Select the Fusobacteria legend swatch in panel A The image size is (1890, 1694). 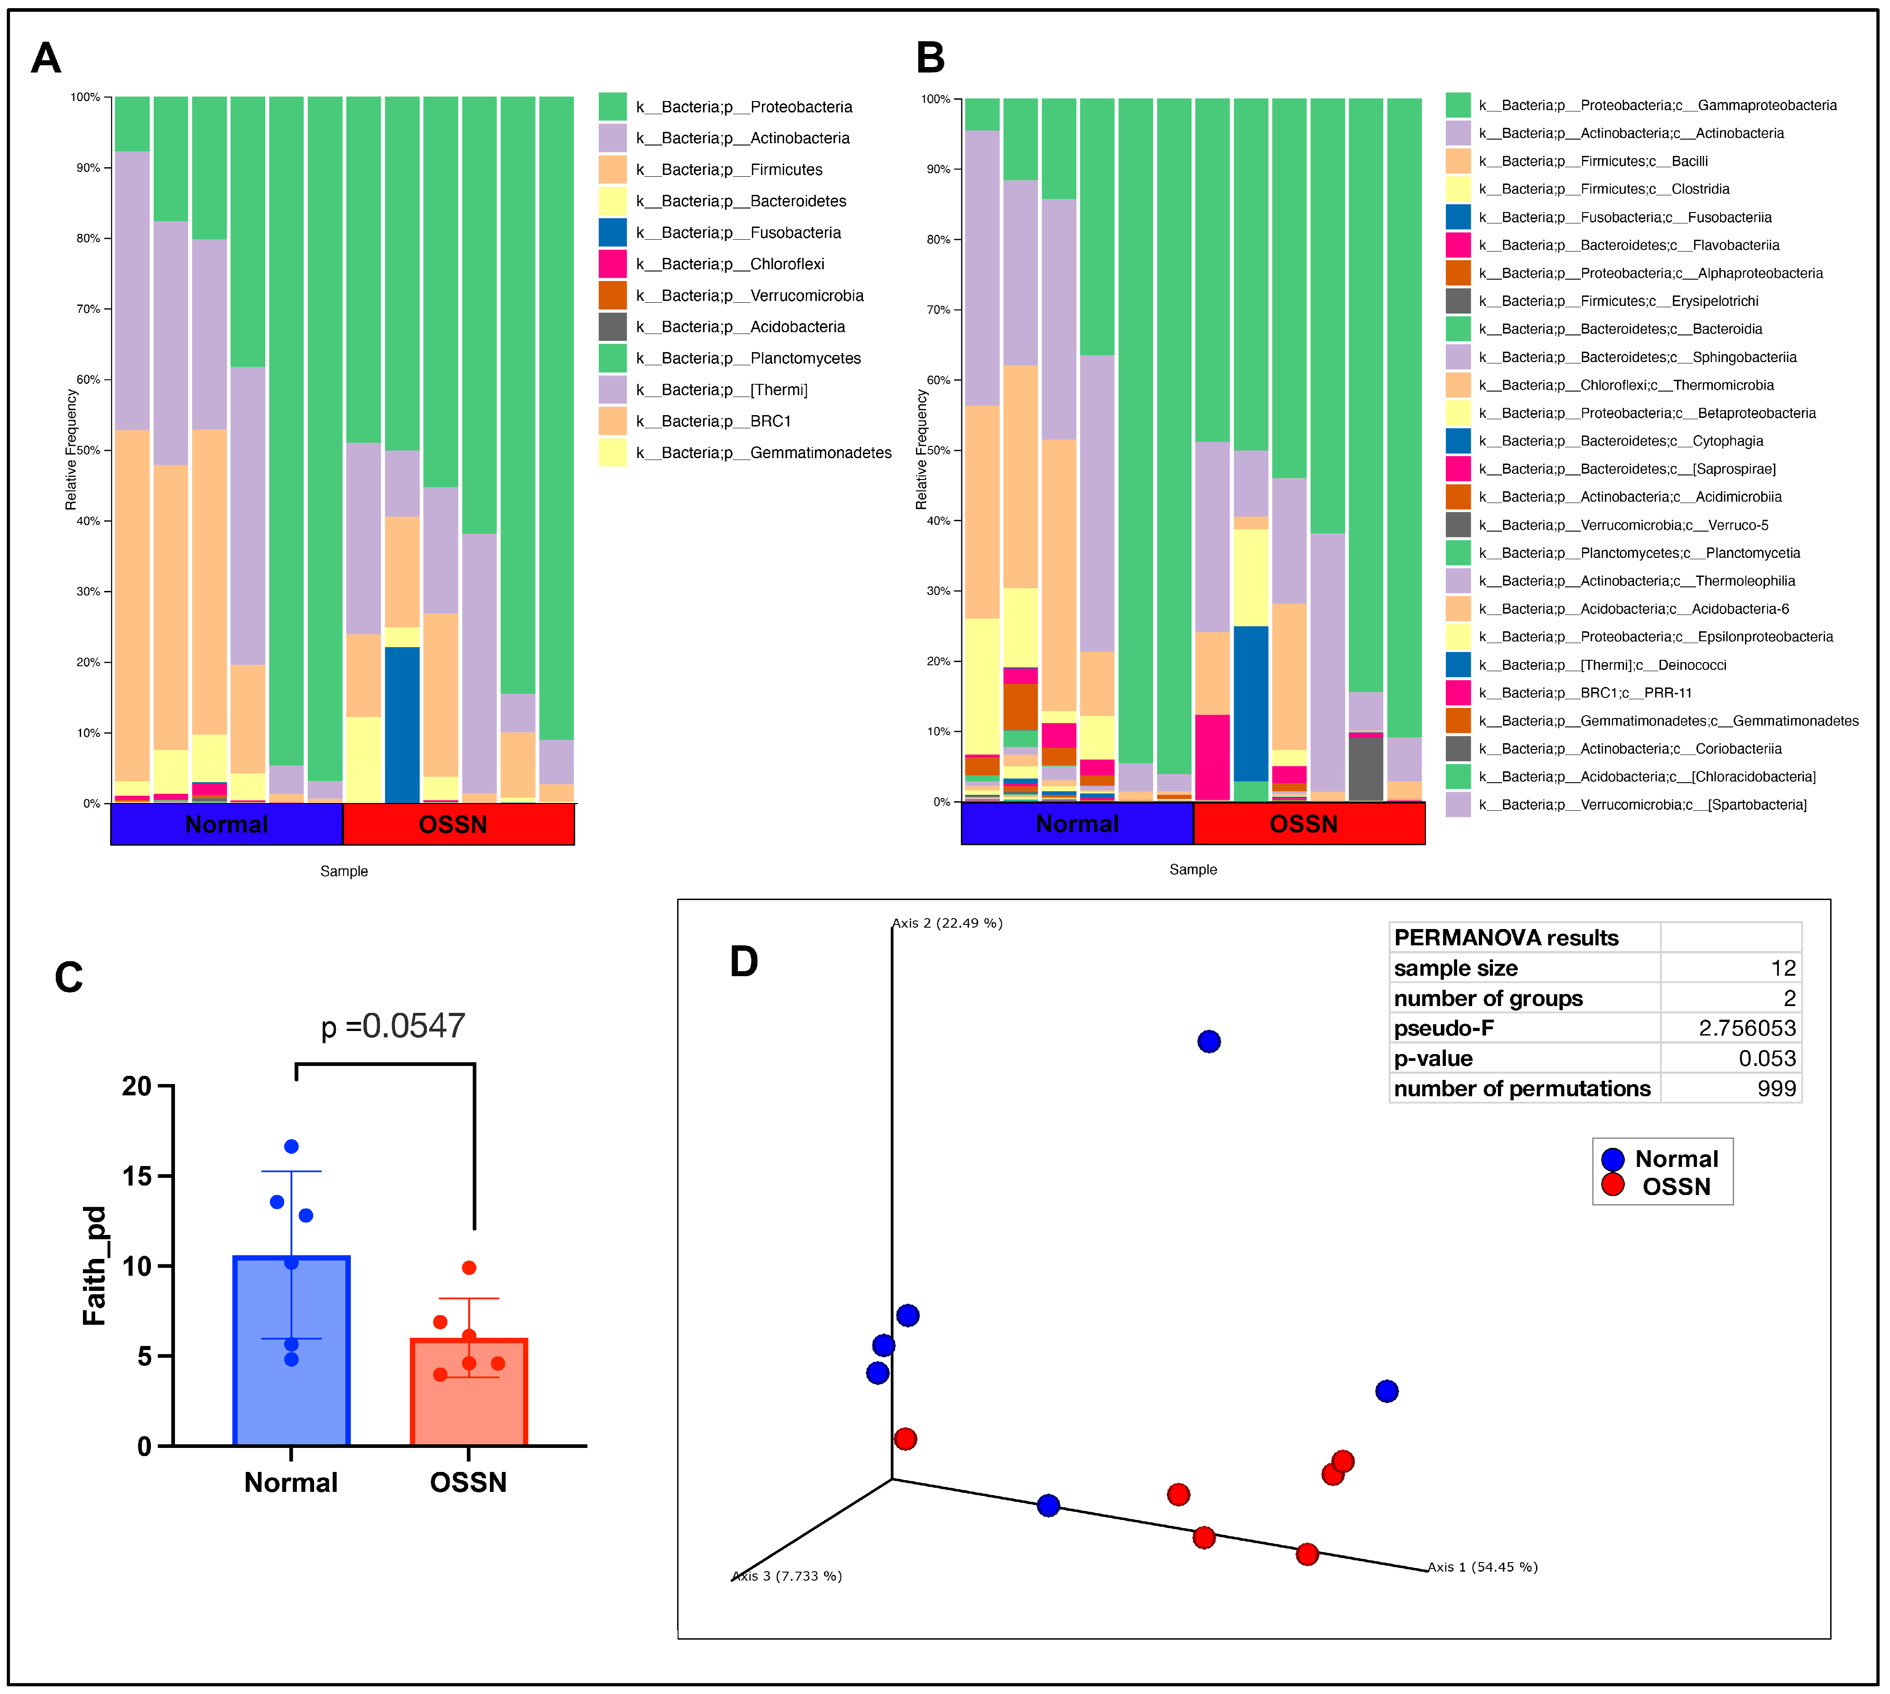click(x=613, y=232)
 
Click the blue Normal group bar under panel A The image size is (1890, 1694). click(x=226, y=825)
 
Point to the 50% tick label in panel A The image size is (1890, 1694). click(x=87, y=450)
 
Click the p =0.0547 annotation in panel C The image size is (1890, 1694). click(x=393, y=1026)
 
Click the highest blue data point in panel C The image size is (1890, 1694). click(x=291, y=1147)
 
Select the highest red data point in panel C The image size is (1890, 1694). click(x=469, y=1268)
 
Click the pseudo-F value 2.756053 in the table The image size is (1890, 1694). click(x=1747, y=1029)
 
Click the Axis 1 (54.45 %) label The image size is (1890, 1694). click(x=1482, y=1568)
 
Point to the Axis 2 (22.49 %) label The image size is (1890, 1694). click(x=947, y=923)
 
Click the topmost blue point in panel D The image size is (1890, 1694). click(x=1208, y=1041)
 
